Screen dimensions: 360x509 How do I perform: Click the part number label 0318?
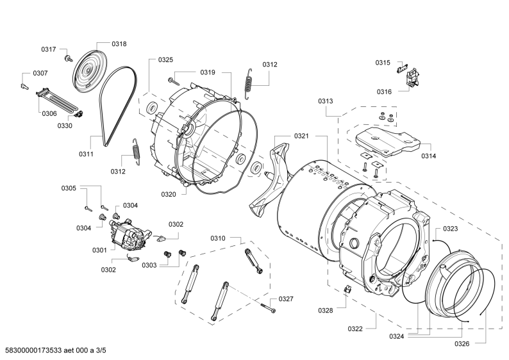tap(119, 44)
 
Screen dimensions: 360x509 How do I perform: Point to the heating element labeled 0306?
tap(58, 101)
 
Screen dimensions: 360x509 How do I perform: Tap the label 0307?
tap(40, 74)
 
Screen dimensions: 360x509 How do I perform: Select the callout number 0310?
tap(218, 238)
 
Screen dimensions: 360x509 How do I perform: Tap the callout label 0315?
tap(382, 63)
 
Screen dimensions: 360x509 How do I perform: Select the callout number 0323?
tap(450, 229)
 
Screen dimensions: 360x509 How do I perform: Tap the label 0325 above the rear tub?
tap(165, 60)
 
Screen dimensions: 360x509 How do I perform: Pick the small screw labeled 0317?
tap(49, 49)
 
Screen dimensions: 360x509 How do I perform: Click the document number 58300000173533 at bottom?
tap(49, 351)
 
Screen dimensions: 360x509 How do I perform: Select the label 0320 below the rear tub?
tap(168, 194)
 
